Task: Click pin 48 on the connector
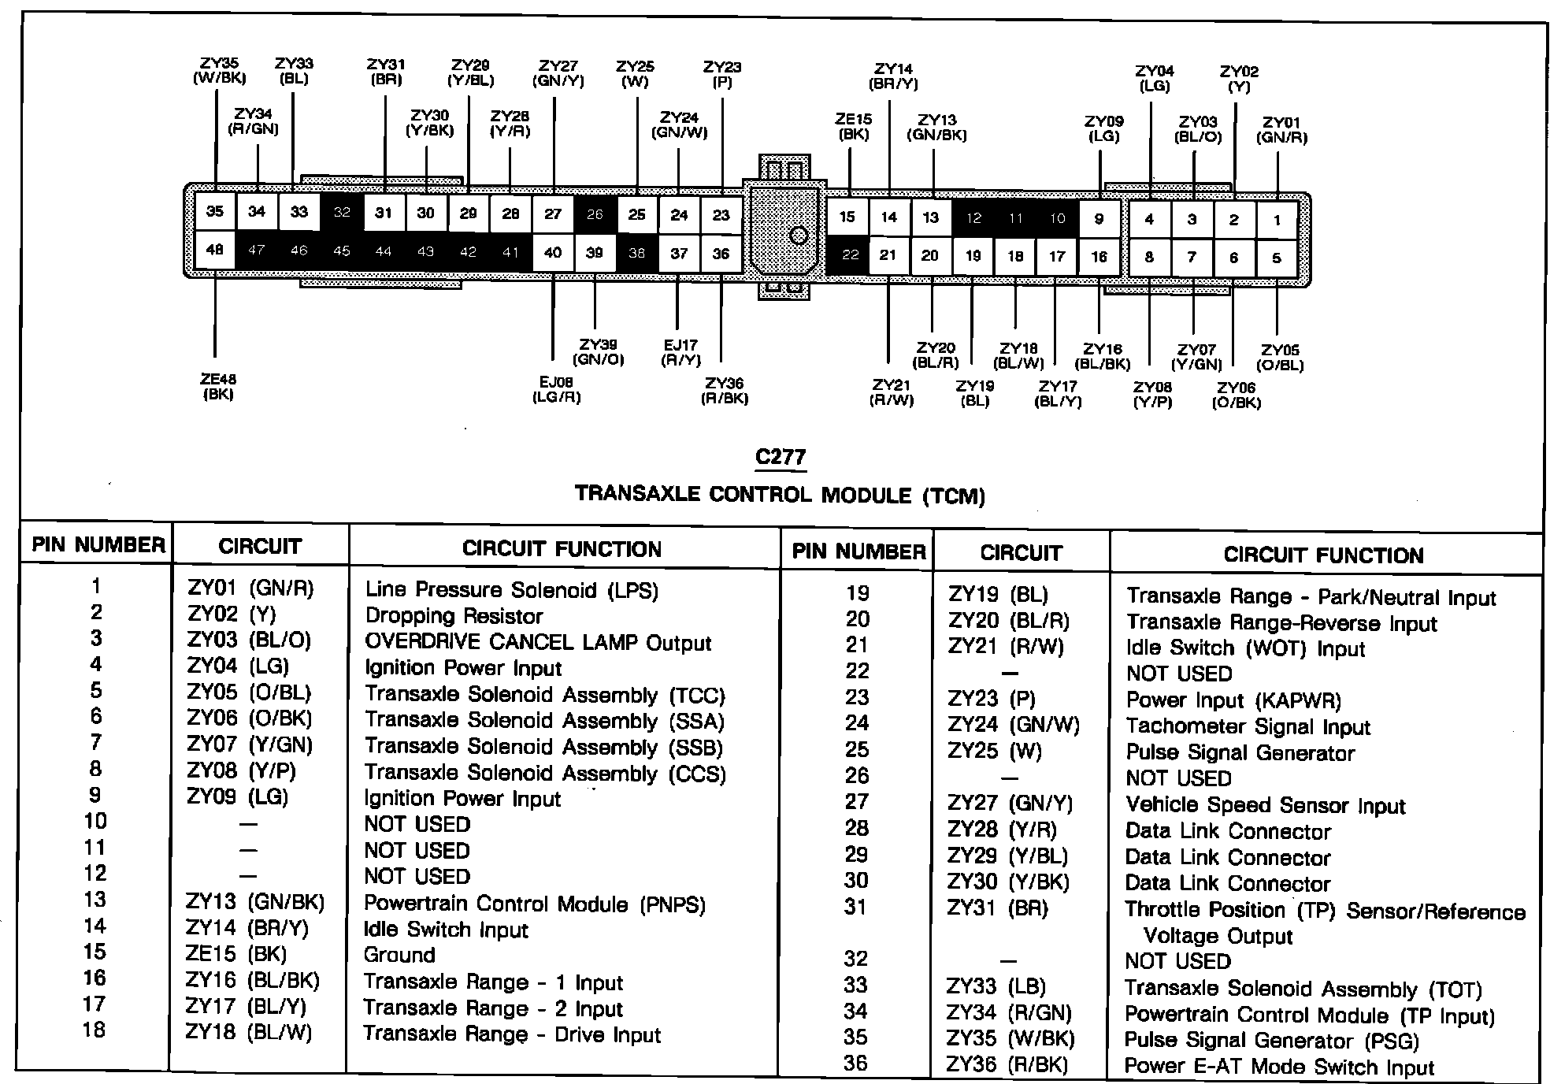point(214,251)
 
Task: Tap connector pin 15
point(847,217)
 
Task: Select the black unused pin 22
point(849,254)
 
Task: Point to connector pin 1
point(1276,220)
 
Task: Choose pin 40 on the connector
point(553,252)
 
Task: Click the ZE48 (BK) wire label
point(217,387)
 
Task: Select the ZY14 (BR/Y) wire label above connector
point(893,76)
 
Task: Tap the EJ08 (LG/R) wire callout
point(556,390)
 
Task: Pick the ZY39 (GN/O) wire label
point(598,352)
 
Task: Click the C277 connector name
point(780,457)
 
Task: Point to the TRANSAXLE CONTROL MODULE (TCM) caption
point(780,495)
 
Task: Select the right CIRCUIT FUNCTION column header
point(1323,555)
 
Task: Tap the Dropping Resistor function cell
point(454,616)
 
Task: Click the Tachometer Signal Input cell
point(1248,726)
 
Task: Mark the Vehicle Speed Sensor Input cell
point(1265,805)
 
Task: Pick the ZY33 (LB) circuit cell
point(996,986)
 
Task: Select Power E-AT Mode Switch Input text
point(1279,1067)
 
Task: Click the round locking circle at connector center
point(799,235)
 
